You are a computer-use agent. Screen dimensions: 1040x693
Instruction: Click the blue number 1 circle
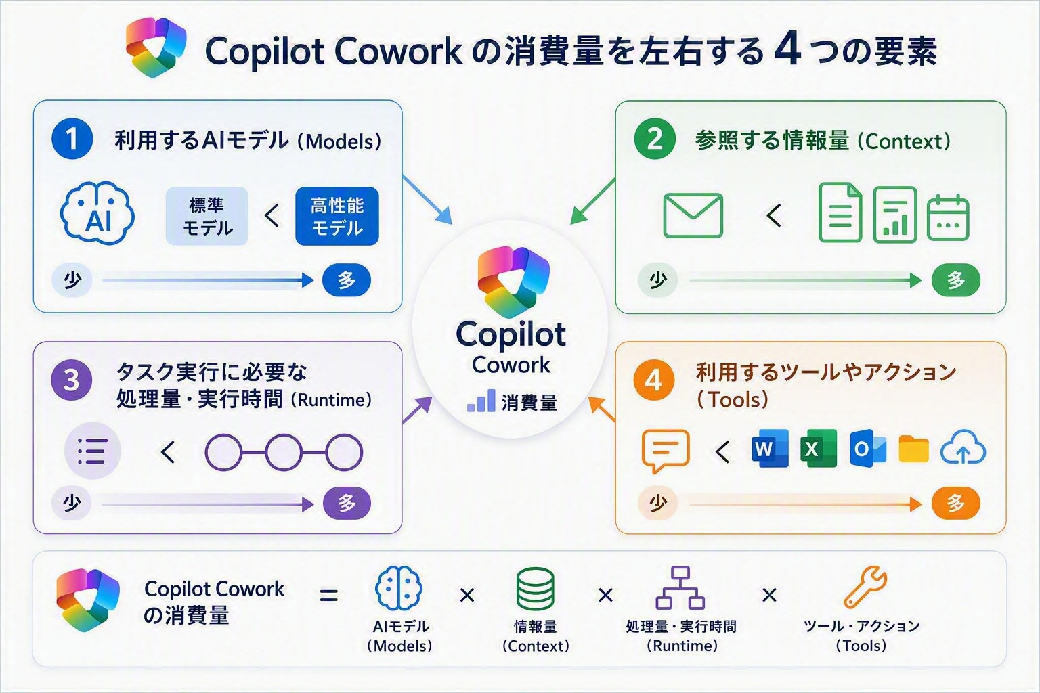[72, 139]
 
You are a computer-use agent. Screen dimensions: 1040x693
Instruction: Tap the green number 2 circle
[655, 139]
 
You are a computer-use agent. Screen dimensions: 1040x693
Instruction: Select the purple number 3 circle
[72, 380]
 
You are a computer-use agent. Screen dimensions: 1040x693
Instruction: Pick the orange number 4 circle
[653, 380]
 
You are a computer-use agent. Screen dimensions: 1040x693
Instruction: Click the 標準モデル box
[207, 217]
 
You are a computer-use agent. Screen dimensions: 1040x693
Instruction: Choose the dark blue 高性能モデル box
[337, 217]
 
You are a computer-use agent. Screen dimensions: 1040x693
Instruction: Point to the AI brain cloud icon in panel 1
[97, 213]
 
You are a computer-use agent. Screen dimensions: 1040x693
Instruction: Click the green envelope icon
[693, 215]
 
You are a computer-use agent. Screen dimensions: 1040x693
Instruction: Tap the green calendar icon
[948, 218]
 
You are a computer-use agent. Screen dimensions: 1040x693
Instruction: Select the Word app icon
[770, 449]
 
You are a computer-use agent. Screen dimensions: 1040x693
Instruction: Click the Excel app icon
[819, 449]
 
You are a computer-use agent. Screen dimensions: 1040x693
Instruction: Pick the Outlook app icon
[868, 449]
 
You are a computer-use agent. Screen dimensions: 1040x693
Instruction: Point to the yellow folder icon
[913, 449]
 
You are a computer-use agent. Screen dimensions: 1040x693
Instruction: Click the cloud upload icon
[963, 447]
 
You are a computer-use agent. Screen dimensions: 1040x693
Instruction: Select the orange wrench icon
[865, 587]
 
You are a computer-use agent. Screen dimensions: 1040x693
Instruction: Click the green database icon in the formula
[536, 588]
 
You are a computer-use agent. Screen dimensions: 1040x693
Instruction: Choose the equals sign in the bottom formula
[328, 596]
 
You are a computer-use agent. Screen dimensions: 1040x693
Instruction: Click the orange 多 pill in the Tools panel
[956, 503]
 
